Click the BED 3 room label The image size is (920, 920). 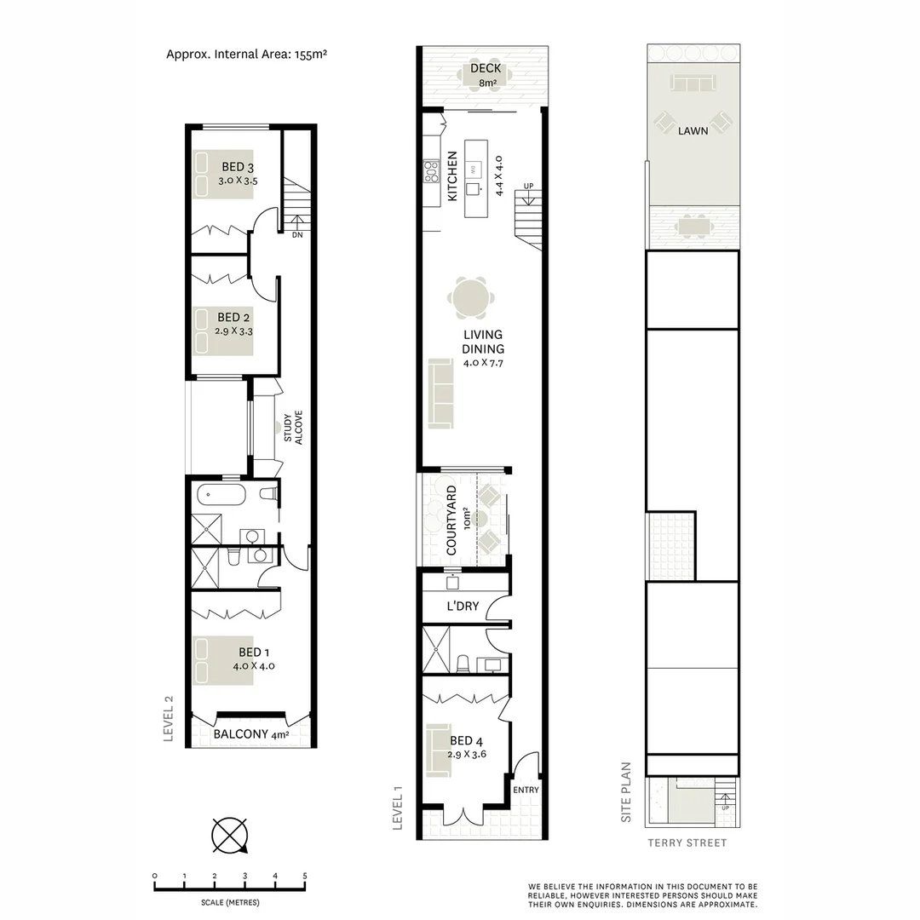(238, 167)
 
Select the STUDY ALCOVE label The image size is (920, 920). (293, 429)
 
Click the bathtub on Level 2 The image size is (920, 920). (221, 494)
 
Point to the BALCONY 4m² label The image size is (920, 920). (251, 734)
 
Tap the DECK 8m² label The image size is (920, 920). (486, 76)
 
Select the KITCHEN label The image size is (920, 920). (452, 176)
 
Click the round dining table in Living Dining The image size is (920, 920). (471, 299)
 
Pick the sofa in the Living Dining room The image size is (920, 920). (441, 393)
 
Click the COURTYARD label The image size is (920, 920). (451, 521)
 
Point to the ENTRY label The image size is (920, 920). (526, 790)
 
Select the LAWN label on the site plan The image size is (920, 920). (693, 131)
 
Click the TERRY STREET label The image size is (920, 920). (687, 843)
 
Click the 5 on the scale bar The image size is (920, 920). (304, 876)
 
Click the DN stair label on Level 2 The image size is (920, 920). (297, 235)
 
